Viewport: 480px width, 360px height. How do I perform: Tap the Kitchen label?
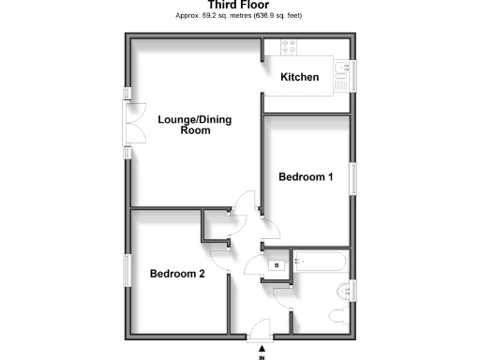tap(300, 77)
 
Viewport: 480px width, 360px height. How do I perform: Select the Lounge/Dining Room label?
tap(194, 125)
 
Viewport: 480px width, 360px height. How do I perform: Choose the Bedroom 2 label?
tap(177, 274)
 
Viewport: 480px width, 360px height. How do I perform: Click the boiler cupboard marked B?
tap(277, 265)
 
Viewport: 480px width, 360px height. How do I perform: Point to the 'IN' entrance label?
tap(262, 356)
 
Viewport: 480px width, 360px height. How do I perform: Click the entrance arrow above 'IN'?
tap(262, 348)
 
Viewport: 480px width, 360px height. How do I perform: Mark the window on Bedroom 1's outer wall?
tap(352, 178)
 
